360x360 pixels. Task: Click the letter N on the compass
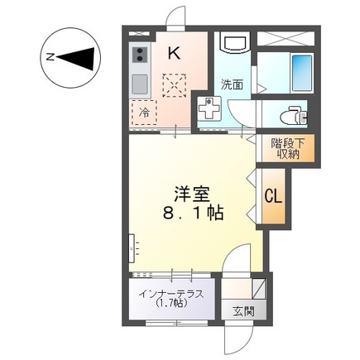pos(50,58)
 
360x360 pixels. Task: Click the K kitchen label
pos(174,53)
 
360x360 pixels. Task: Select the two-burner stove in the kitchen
pos(140,55)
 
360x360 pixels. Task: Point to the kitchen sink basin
pos(139,84)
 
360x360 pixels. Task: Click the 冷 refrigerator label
pos(144,112)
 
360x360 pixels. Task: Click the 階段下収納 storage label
pos(288,148)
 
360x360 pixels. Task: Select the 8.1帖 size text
pos(190,213)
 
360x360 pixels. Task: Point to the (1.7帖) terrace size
pos(171,303)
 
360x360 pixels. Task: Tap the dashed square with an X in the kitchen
pos(175,84)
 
